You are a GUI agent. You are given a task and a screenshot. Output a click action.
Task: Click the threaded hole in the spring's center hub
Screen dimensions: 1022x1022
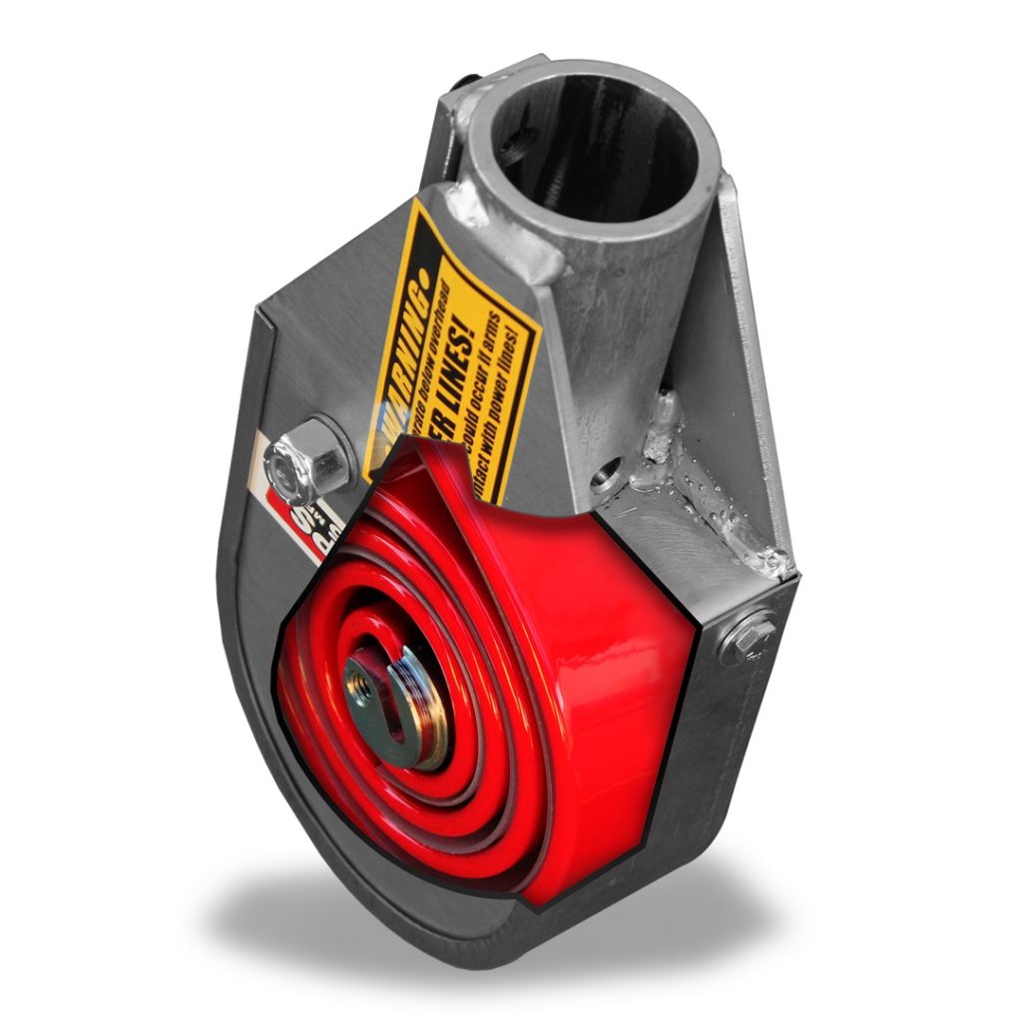click(361, 688)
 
